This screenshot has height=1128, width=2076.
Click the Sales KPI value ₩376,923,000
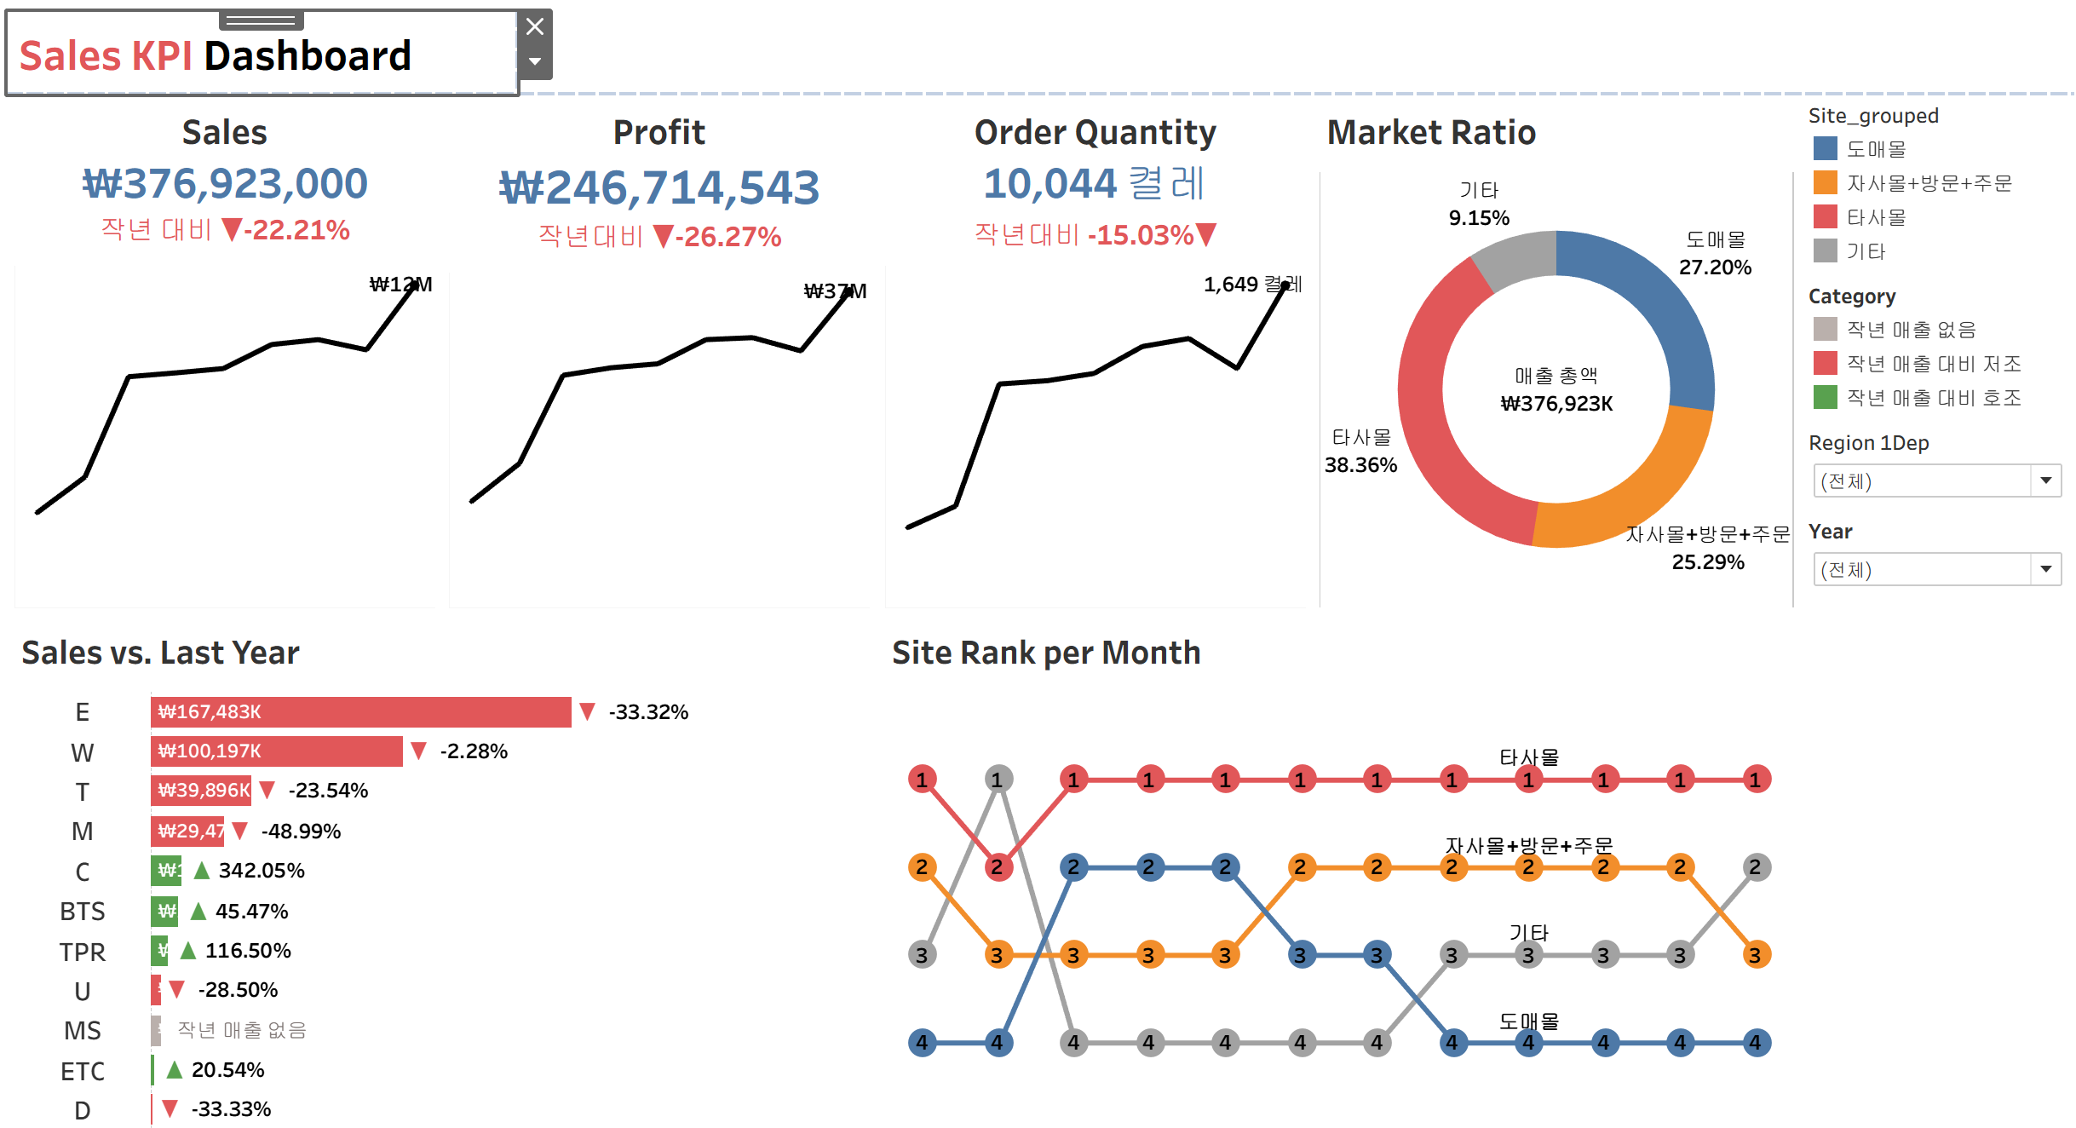[x=225, y=184]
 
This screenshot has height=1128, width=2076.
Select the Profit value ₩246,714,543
[x=658, y=187]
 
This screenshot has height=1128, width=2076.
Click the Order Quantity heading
[x=1095, y=132]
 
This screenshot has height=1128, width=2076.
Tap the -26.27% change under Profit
[x=727, y=236]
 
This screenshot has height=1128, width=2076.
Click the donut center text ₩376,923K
[x=1556, y=404]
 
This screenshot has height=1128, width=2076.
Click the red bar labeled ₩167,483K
[x=360, y=712]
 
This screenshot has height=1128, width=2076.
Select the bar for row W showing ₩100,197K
[x=276, y=751]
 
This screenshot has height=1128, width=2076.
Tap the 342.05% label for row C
[x=262, y=871]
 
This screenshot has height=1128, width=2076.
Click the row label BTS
[x=83, y=912]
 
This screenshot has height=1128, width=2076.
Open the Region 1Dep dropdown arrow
[x=2045, y=481]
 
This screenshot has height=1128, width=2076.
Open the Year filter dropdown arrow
[x=2045, y=569]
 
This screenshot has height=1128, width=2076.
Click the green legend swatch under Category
[x=1825, y=397]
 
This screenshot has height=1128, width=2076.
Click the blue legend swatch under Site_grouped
[x=1825, y=148]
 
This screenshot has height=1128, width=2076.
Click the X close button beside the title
[x=535, y=27]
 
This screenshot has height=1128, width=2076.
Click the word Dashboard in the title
[x=308, y=56]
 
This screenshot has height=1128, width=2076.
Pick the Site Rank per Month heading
[x=1046, y=653]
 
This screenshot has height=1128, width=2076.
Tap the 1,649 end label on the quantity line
[x=1232, y=284]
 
